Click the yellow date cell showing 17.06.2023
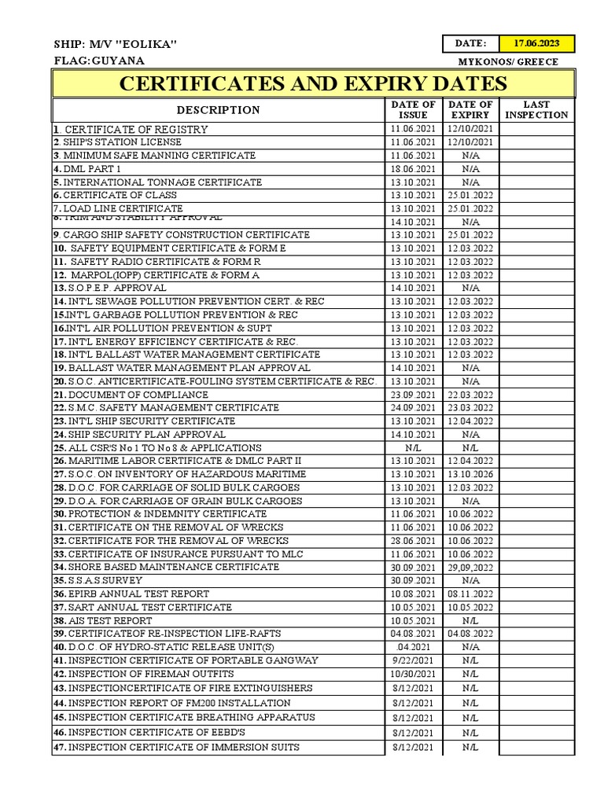coord(538,43)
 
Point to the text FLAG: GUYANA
coord(99,61)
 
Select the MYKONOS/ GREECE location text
coord(508,61)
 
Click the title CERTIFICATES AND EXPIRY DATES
coord(313,84)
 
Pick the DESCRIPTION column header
coord(218,110)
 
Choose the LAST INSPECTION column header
coord(536,109)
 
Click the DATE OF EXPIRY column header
coord(470,109)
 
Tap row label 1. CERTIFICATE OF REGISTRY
coord(131,129)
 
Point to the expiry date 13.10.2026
coord(470,475)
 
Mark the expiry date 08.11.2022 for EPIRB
coord(470,594)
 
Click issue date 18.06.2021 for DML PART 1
coord(413,169)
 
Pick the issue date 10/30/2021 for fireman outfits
coord(413,675)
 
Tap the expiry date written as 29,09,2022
coord(470,568)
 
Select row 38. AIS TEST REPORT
coord(102,621)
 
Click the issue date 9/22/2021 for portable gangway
coord(413,660)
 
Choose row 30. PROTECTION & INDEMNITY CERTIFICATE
coord(149,514)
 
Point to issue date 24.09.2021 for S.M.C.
coord(413,408)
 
